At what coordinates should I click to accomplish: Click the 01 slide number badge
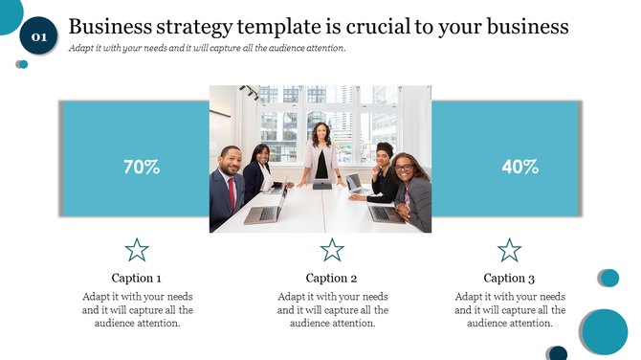click(38, 36)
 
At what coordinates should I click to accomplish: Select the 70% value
click(142, 167)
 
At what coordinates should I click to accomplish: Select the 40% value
click(519, 167)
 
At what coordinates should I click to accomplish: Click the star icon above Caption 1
click(137, 251)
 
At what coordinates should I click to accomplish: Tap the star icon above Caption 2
click(332, 251)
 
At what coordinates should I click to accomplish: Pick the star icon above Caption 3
click(509, 251)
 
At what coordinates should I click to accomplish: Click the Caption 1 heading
click(137, 279)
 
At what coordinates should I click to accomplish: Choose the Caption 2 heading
click(332, 279)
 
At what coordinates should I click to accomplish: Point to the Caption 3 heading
click(509, 279)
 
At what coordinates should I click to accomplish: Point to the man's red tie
click(231, 192)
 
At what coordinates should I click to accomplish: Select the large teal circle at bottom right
click(604, 331)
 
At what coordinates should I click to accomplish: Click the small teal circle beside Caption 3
click(608, 278)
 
